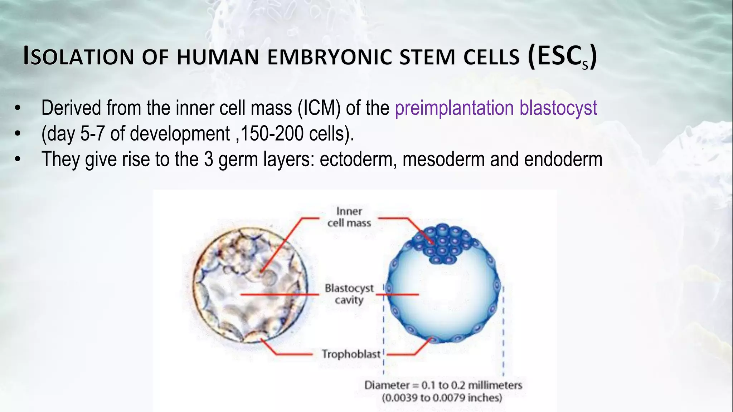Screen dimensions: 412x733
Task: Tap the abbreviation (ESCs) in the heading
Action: tap(562, 56)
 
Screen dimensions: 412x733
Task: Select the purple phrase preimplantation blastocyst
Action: tap(496, 108)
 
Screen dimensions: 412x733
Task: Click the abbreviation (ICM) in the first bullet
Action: tap(319, 108)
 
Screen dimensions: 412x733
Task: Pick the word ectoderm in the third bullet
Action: tap(358, 159)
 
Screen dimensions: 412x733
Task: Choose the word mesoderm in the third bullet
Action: tap(443, 159)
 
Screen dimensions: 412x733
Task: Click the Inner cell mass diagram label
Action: tap(349, 217)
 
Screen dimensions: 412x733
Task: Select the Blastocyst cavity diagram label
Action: tap(349, 294)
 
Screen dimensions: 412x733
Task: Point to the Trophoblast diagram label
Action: tap(351, 354)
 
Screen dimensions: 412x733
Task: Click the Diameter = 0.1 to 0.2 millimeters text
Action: tap(443, 385)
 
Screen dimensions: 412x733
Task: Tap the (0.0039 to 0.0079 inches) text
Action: tap(442, 398)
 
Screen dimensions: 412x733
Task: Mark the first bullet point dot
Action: tap(18, 108)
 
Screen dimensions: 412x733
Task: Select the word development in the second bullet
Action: tap(180, 134)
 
